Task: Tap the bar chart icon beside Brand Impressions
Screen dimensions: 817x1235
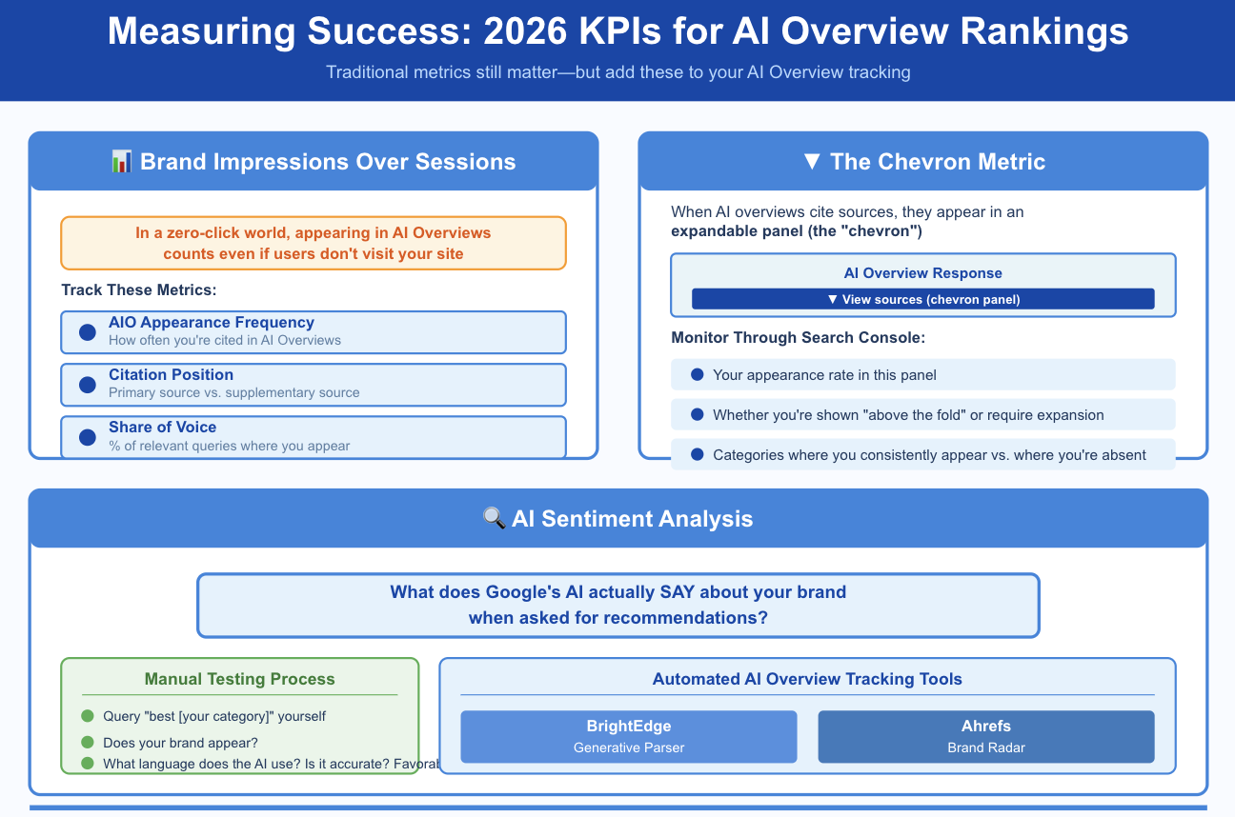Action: [121, 162]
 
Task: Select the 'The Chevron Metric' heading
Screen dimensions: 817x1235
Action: [923, 162]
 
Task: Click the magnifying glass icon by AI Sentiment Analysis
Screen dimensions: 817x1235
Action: [494, 519]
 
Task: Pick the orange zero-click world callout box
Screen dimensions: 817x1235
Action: [314, 243]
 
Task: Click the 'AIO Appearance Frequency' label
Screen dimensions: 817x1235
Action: [211, 323]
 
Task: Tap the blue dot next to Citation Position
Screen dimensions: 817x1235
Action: [88, 385]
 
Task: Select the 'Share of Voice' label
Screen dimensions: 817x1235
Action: [162, 428]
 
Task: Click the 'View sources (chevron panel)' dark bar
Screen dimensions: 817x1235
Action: [922, 299]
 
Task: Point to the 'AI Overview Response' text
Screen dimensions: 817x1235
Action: [922, 273]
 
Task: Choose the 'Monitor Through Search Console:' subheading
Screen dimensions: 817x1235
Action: [798, 338]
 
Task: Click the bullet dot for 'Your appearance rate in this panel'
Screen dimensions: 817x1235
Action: [697, 375]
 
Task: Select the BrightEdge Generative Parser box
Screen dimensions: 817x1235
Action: [628, 737]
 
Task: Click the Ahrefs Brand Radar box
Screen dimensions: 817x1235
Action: [985, 737]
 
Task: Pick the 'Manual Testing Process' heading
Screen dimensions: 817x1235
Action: [239, 679]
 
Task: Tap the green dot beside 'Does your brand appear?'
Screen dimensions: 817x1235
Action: [88, 743]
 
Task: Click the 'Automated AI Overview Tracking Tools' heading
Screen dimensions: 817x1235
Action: [806, 679]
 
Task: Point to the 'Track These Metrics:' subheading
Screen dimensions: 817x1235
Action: [139, 289]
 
